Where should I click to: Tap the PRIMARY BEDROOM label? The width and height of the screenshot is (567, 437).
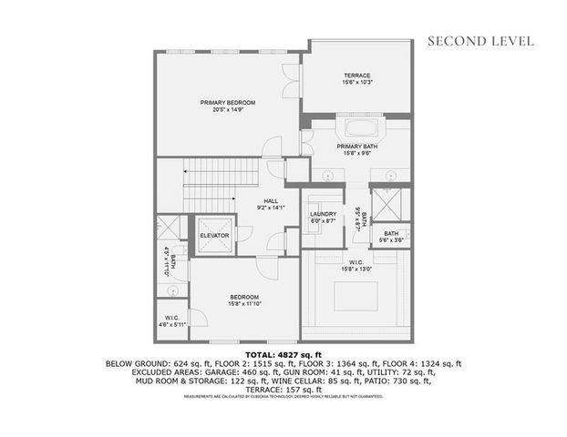[x=227, y=102]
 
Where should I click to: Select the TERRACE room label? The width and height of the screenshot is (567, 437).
[x=356, y=75]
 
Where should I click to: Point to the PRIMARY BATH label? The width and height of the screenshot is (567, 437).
[x=356, y=146]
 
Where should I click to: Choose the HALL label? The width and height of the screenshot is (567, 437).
[x=271, y=201]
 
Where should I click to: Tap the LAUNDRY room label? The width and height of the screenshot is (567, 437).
[x=324, y=215]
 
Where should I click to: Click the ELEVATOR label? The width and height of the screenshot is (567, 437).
[x=215, y=237]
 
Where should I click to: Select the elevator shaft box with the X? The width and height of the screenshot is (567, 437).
[x=215, y=225]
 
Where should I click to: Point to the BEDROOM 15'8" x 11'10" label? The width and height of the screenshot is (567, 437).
[x=244, y=297]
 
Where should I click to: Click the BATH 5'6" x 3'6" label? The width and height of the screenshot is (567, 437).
[x=391, y=234]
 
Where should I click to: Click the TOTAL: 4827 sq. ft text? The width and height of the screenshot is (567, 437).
[x=283, y=354]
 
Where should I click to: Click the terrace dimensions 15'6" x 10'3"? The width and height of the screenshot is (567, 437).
[x=356, y=83]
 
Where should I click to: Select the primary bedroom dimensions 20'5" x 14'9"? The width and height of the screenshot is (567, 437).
[x=227, y=110]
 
